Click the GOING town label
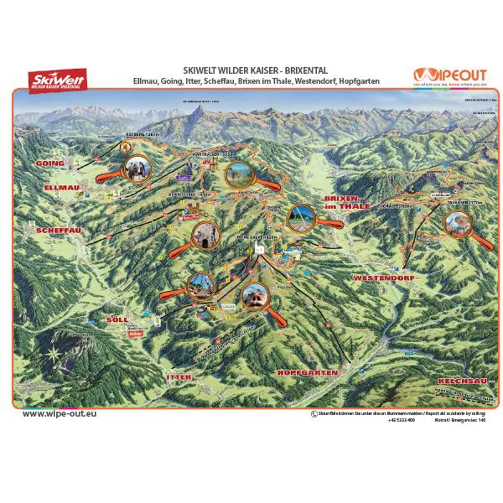[50, 163]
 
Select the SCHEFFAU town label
[58, 231]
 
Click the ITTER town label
[179, 377]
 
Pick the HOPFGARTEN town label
[307, 372]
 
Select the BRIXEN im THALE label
[344, 202]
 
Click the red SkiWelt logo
[57, 80]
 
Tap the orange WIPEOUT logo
[451, 74]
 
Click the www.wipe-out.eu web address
[59, 414]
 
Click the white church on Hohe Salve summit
[258, 251]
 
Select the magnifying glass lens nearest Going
[137, 167]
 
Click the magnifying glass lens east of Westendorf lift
[457, 223]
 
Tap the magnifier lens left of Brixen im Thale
[301, 218]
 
